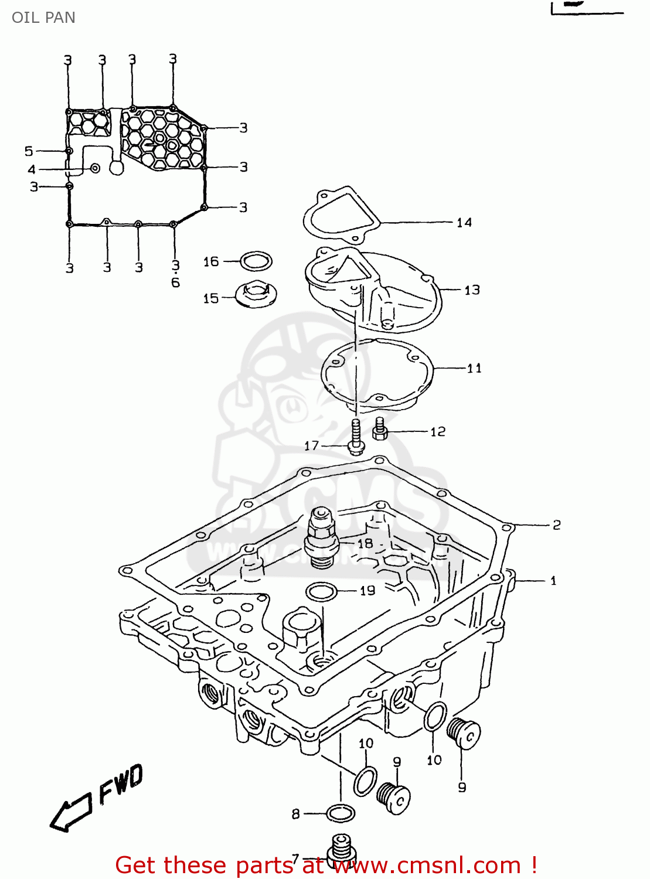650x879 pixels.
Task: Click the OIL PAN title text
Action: pos(43,18)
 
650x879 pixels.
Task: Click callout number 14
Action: pos(464,223)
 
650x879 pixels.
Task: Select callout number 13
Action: pos(472,290)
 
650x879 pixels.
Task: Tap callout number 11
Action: pos(474,368)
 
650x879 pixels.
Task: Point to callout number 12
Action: pos(438,432)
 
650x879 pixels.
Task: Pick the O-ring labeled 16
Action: pos(256,261)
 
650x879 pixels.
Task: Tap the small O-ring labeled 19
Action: pos(321,592)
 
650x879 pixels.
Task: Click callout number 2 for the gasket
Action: pos(556,525)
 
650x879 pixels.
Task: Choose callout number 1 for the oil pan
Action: pos(553,581)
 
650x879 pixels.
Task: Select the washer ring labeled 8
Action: pos(341,813)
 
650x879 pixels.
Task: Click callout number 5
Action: pos(29,151)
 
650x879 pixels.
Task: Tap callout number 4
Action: pos(32,170)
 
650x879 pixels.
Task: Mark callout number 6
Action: pos(175,283)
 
